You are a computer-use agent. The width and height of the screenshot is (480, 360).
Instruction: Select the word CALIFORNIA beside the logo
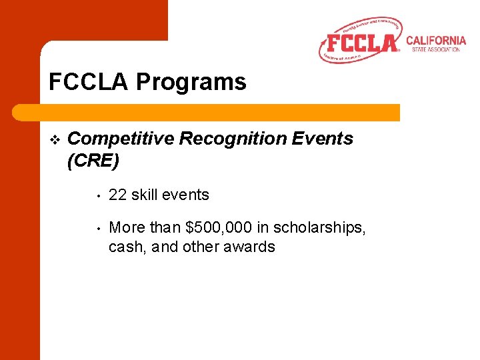[435, 41]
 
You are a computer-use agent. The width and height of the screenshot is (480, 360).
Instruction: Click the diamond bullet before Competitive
[55, 139]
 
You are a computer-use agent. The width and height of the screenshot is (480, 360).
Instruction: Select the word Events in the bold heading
[327, 139]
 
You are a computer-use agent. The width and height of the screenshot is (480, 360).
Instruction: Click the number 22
[117, 195]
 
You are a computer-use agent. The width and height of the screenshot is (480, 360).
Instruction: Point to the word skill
[144, 195]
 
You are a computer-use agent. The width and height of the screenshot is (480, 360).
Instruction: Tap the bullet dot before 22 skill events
[97, 196]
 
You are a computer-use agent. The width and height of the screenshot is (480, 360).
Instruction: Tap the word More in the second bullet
[126, 228]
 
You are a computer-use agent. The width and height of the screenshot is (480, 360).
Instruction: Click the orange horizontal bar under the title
[220, 112]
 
